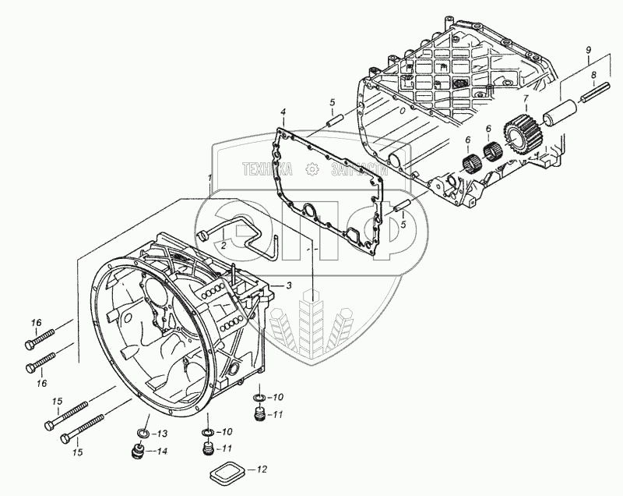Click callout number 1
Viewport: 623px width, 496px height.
coord(209,179)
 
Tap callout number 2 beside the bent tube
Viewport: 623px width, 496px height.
coord(223,245)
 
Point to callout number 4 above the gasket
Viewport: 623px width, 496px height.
coord(283,112)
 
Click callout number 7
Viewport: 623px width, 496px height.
coord(526,98)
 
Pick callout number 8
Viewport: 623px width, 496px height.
coord(593,75)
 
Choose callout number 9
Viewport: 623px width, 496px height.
coord(589,50)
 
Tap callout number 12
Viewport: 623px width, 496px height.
coord(262,469)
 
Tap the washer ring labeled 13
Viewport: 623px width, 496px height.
coord(143,433)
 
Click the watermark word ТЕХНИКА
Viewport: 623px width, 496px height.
coord(267,168)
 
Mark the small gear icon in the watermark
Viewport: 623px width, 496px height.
coord(312,168)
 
